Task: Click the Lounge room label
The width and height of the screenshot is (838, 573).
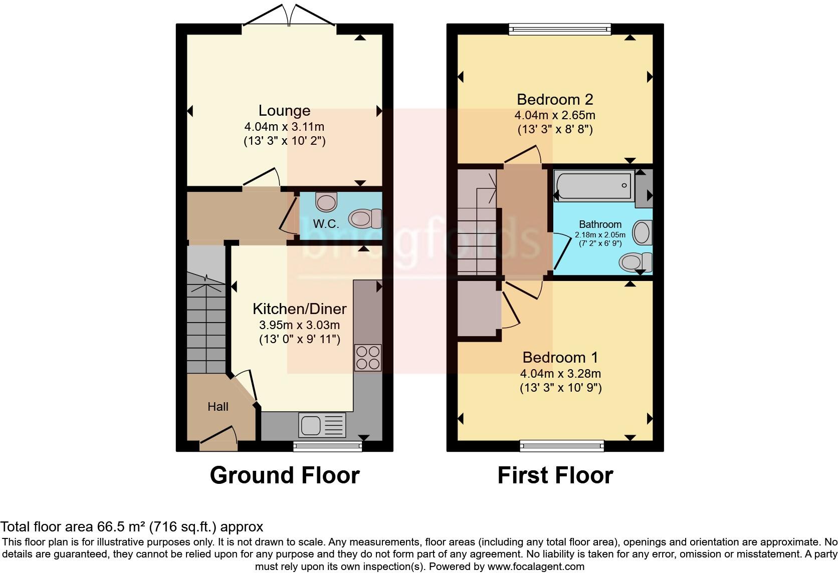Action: point(284,111)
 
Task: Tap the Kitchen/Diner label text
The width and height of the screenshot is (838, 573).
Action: point(300,309)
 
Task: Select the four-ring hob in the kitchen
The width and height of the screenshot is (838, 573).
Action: point(368,358)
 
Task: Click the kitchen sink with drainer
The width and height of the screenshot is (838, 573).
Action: point(322,425)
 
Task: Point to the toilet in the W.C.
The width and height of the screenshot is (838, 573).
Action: point(365,219)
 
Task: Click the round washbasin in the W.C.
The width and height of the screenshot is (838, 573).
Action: point(326,202)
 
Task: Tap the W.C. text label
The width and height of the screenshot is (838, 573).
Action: point(326,224)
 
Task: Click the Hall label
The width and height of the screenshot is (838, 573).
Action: point(218,407)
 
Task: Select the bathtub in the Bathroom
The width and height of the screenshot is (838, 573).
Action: point(594,185)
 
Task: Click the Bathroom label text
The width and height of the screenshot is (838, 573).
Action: point(600,224)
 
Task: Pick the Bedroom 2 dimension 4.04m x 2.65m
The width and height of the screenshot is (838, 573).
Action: point(555,115)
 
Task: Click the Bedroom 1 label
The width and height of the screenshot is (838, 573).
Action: point(560,358)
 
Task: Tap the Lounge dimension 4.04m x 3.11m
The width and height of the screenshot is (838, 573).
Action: point(284,127)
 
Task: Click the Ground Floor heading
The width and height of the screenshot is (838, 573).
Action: point(285,475)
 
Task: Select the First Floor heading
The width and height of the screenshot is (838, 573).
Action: point(555,475)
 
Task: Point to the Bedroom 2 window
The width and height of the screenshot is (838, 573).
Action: point(560,29)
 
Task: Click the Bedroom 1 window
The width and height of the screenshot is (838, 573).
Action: point(561,446)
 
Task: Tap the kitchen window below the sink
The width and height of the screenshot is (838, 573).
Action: point(327,446)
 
